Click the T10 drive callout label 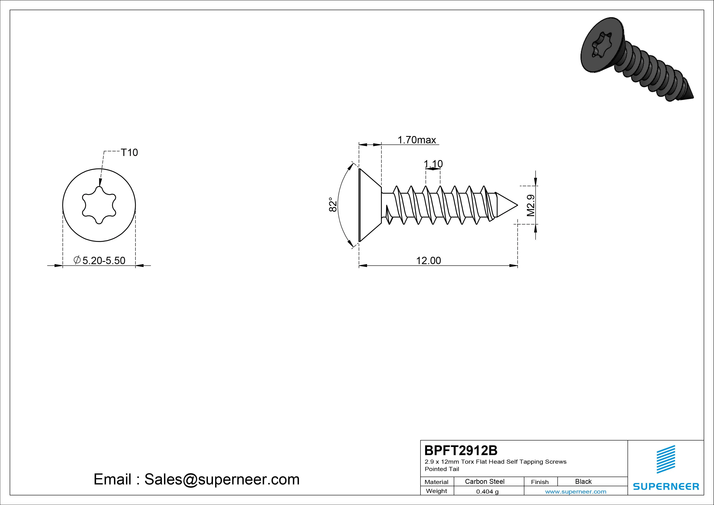pyautogui.click(x=129, y=153)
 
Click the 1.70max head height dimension pyautogui.click(x=417, y=140)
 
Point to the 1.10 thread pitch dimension pyautogui.click(x=433, y=164)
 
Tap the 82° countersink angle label pyautogui.click(x=333, y=204)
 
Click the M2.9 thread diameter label pyautogui.click(x=531, y=205)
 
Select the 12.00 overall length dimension pyautogui.click(x=428, y=260)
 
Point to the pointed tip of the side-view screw pyautogui.click(x=517, y=205)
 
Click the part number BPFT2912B pyautogui.click(x=461, y=450)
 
